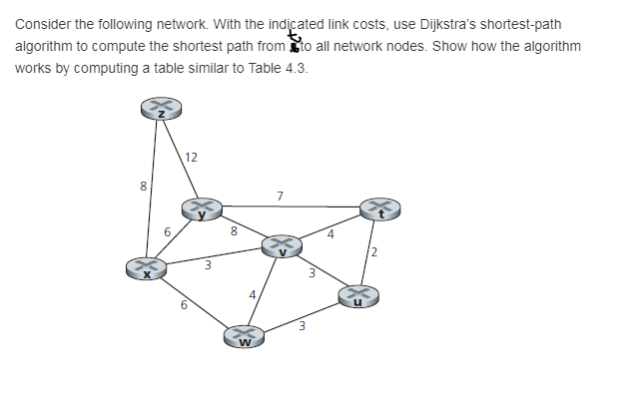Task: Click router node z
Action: tap(161, 109)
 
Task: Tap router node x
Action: tap(145, 267)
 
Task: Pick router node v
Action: tap(282, 244)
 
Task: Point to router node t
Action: tap(380, 208)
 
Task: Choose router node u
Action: tap(358, 295)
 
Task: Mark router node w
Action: tap(243, 338)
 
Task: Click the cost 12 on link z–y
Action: tap(191, 157)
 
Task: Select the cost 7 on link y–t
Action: tap(281, 196)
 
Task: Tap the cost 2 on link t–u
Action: tap(374, 250)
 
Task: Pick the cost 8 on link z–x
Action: tap(143, 186)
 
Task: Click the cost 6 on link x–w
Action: tap(184, 306)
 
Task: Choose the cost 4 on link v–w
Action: tap(254, 293)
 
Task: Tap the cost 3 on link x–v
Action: tap(207, 265)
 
